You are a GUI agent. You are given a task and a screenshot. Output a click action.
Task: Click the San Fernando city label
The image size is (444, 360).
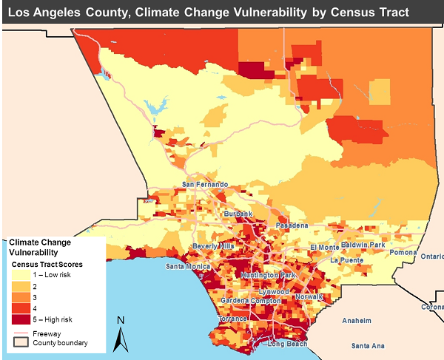(x=206, y=185)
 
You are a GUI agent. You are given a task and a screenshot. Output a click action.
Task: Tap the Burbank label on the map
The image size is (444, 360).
(x=239, y=214)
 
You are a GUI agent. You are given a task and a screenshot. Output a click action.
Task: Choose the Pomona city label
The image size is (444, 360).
(x=404, y=253)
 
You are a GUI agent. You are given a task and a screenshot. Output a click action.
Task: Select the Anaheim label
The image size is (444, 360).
(x=357, y=321)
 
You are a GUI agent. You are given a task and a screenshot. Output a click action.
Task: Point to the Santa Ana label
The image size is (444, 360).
(x=368, y=346)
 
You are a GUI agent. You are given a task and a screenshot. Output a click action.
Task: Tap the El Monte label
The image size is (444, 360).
(x=324, y=247)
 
